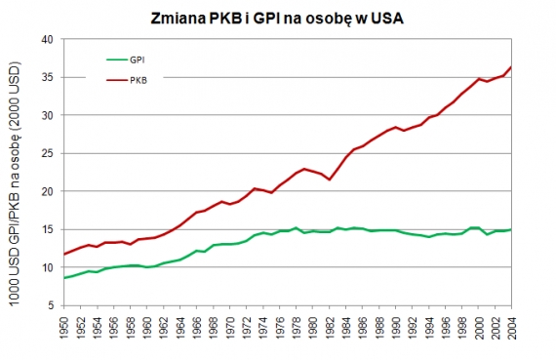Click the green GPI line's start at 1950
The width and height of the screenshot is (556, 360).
click(64, 278)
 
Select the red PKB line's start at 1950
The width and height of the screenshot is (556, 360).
click(64, 255)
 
